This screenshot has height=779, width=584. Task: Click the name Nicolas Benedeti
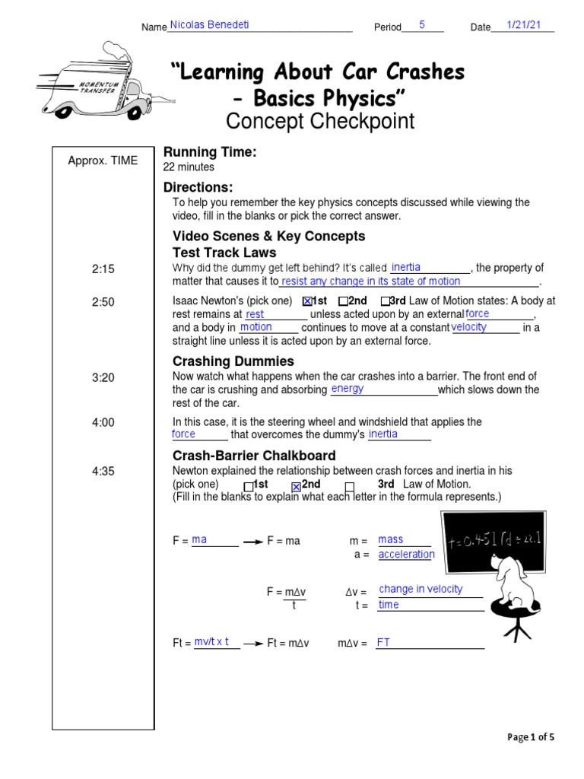(x=209, y=25)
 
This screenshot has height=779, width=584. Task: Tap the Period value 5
(x=421, y=25)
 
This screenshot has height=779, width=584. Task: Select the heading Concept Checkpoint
(x=320, y=121)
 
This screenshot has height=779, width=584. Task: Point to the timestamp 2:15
(x=103, y=269)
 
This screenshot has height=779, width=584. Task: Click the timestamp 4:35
(x=103, y=472)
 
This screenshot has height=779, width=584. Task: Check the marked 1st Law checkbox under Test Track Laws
(x=307, y=301)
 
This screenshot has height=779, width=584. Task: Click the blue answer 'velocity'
(x=469, y=327)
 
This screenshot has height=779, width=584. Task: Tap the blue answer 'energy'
(x=348, y=389)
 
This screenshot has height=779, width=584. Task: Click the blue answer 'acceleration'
(x=406, y=555)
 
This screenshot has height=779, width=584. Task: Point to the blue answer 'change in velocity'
(x=421, y=589)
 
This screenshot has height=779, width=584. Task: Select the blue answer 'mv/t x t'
(x=211, y=642)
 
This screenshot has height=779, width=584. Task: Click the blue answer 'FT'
(x=383, y=643)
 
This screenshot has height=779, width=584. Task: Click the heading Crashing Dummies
(x=233, y=361)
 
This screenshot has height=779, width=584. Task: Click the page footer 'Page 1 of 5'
(x=531, y=736)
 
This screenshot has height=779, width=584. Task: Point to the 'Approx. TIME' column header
(x=103, y=161)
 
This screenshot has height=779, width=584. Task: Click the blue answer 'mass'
(x=391, y=539)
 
